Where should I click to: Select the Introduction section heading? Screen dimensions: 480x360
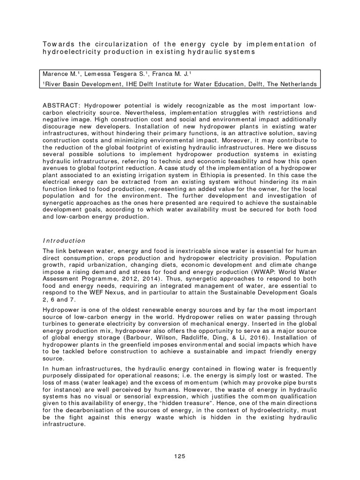[x=64, y=240]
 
